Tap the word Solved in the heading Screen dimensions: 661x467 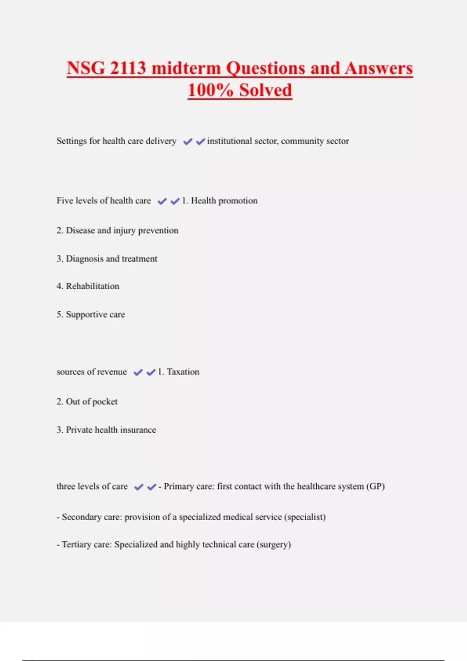click(x=265, y=90)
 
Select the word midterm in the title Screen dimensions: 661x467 click(x=186, y=68)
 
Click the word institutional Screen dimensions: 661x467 click(x=229, y=141)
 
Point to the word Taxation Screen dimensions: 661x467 click(x=183, y=372)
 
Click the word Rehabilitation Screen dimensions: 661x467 click(x=93, y=286)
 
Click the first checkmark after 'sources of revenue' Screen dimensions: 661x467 click(x=138, y=372)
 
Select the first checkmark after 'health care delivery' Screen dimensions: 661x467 click(x=188, y=142)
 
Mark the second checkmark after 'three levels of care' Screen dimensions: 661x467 click(x=152, y=487)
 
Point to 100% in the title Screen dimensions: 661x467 click(x=210, y=90)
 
